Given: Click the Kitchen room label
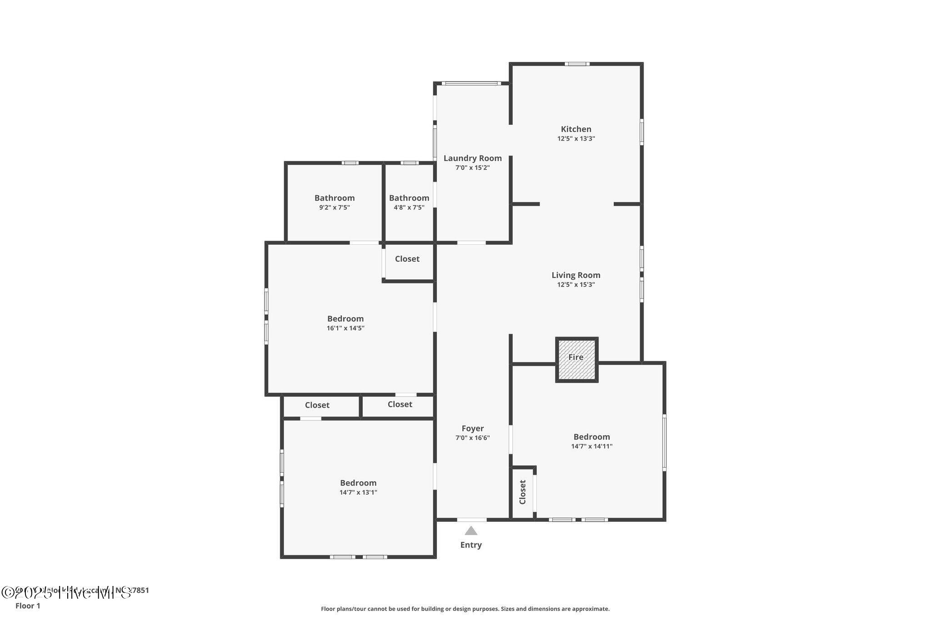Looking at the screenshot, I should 576,129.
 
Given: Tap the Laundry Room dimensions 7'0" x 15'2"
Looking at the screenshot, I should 472,168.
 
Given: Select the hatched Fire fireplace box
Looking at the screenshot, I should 576,359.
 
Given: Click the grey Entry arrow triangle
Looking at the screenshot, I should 471,531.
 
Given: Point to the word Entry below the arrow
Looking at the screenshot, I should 471,545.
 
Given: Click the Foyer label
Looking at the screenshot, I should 472,428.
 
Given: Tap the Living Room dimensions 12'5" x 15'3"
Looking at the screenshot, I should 576,285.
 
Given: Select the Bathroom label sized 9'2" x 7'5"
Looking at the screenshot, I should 335,198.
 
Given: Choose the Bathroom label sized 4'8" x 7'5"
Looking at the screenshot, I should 409,198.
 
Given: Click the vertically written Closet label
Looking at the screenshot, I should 522,492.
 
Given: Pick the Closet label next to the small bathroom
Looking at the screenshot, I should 407,259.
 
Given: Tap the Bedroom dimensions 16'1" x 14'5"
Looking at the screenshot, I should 345,328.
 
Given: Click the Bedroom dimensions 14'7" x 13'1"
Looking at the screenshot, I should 358,492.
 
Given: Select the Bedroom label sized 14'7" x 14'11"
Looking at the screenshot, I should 591,437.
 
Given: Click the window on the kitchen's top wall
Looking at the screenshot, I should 577,64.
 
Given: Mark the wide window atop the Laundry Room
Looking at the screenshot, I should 471,83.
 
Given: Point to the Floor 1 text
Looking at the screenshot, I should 28,606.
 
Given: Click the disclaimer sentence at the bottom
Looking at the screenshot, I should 465,609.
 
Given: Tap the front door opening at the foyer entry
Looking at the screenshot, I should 471,520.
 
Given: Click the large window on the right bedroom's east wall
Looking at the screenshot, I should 664,442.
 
